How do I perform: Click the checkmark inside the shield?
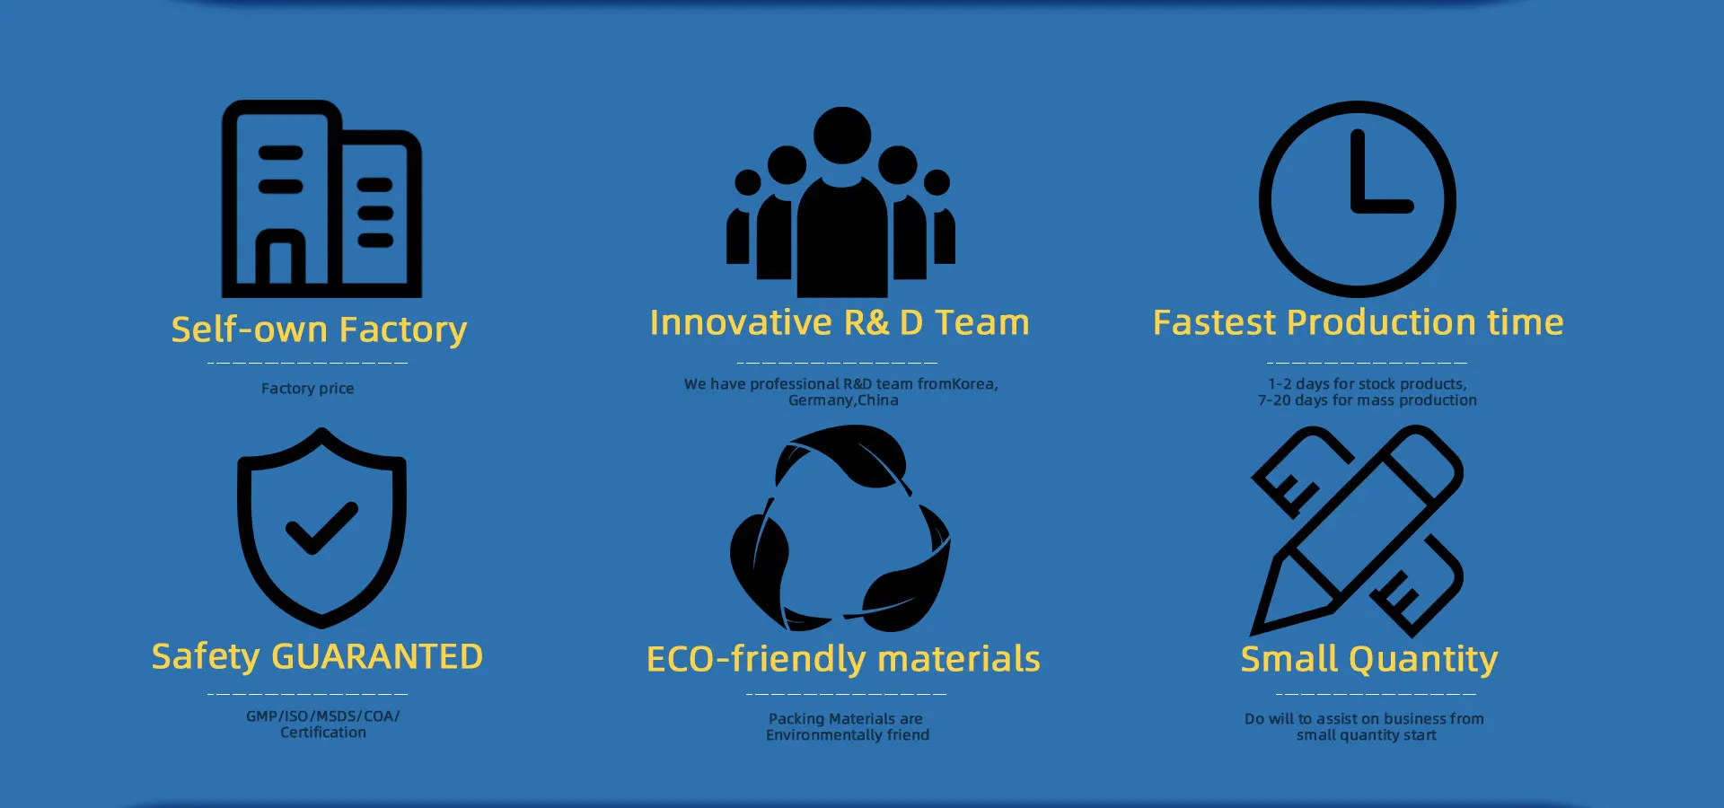coord(321,528)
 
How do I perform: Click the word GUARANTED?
coord(377,657)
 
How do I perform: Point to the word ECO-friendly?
coord(757,659)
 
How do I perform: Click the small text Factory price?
coord(307,389)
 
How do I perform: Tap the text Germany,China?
coord(843,400)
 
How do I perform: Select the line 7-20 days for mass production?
coord(1367,400)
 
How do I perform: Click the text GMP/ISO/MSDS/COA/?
coord(323,716)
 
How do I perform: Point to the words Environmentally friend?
coord(848,735)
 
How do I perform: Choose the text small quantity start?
coord(1367,735)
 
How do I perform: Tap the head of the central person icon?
coord(842,136)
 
